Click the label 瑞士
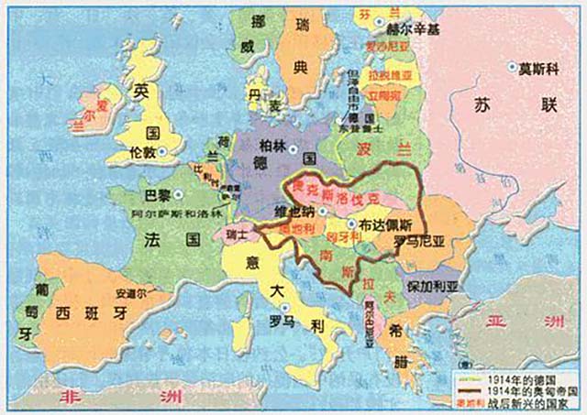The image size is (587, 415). click(x=238, y=235)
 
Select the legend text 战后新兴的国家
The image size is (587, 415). click(x=515, y=400)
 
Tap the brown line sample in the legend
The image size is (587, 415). click(x=464, y=388)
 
